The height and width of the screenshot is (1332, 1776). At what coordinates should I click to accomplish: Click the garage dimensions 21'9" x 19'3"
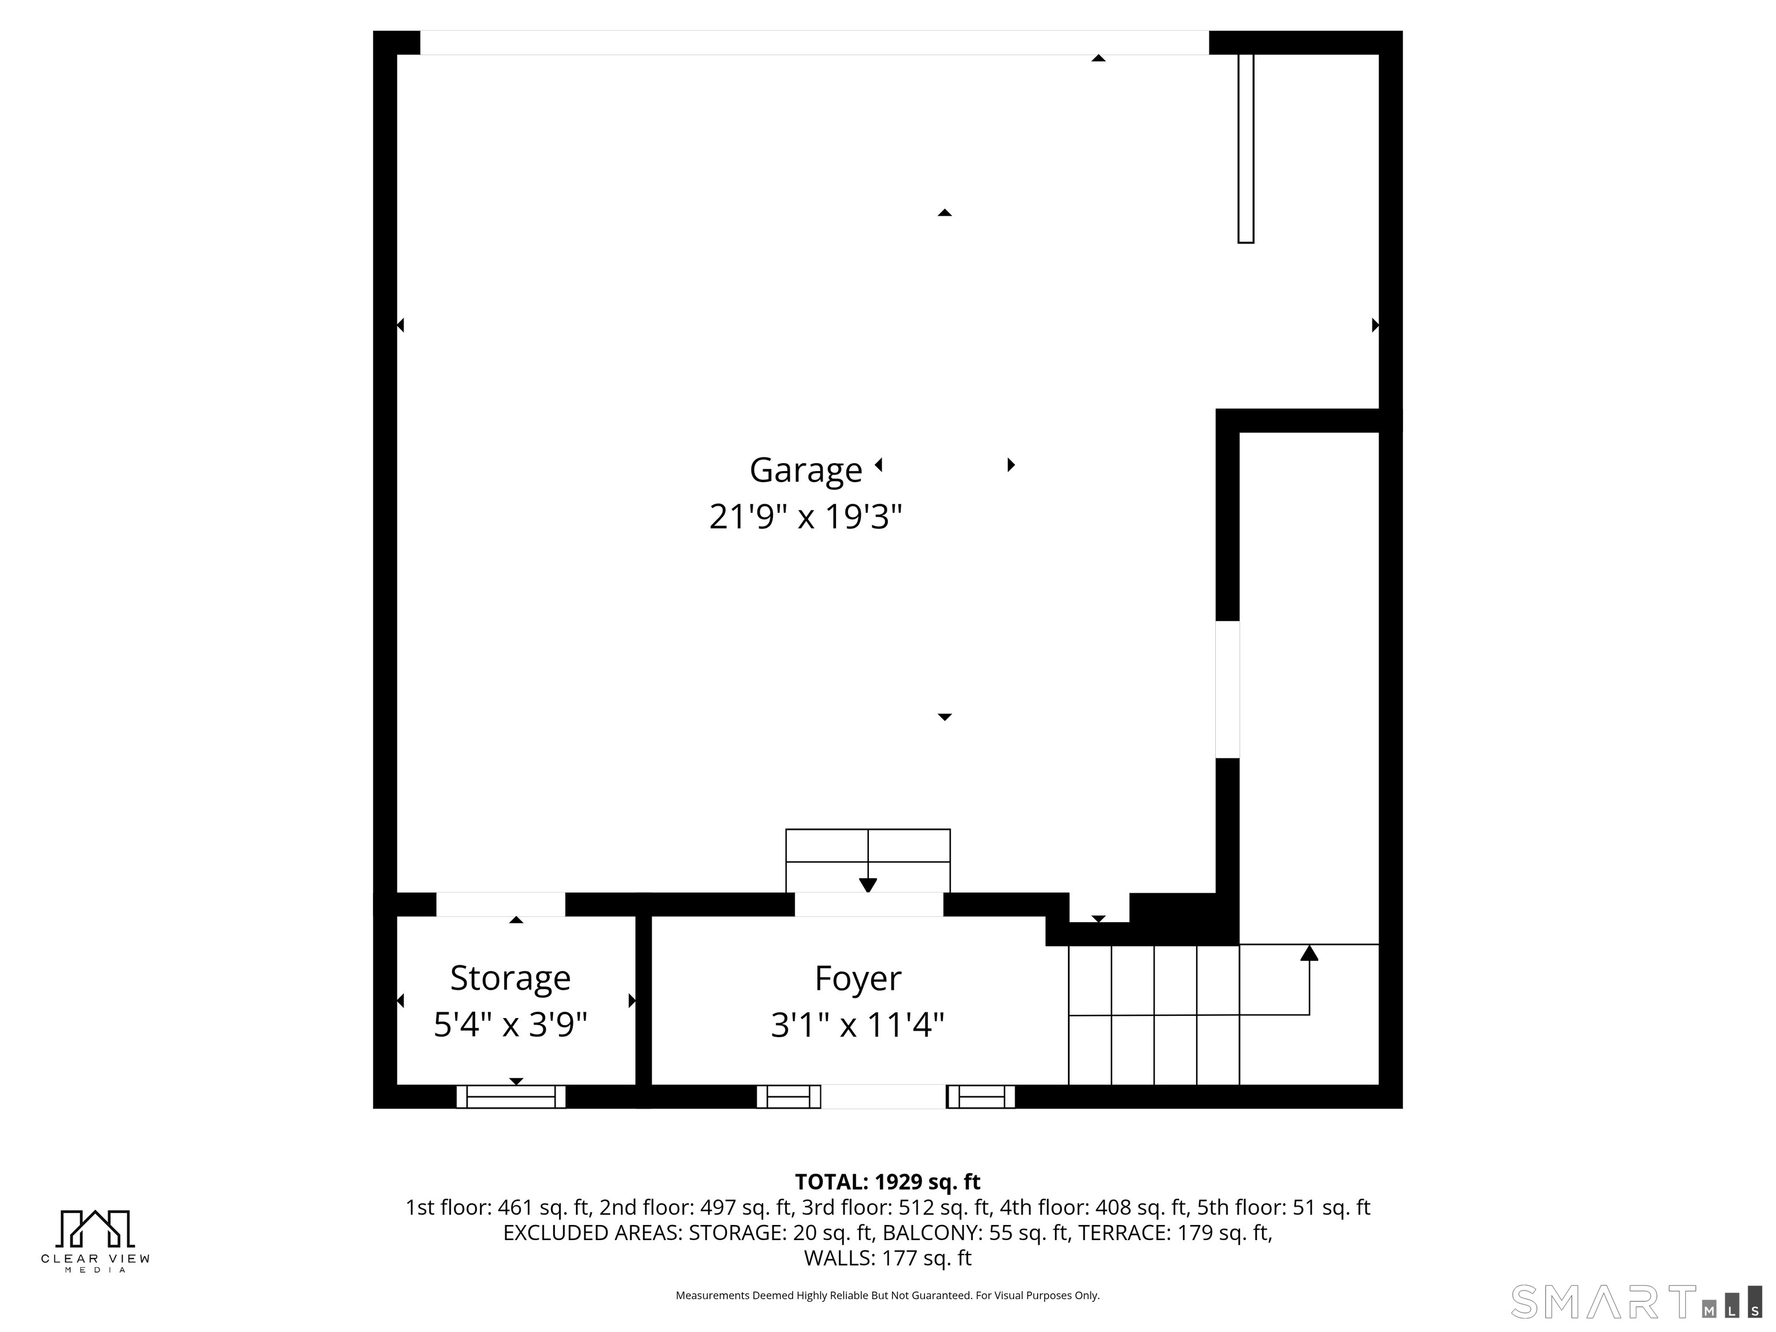[x=805, y=516]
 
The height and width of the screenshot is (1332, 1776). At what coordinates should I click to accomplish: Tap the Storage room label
[x=510, y=978]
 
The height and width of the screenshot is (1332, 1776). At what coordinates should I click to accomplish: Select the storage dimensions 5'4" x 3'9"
[x=510, y=1024]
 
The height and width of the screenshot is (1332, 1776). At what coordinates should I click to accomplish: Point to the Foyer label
[x=857, y=978]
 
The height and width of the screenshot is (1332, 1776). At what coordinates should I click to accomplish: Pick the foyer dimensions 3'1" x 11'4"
[x=857, y=1024]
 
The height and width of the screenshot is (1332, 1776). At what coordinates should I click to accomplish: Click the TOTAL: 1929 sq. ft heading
[x=887, y=1182]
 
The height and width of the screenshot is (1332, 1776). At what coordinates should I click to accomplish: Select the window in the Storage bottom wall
[x=510, y=1097]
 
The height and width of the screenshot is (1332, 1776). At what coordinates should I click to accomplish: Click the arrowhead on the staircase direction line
[x=1309, y=953]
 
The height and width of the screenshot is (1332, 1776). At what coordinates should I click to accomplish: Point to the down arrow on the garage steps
[x=868, y=885]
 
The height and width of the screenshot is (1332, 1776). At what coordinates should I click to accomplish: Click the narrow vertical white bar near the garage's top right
[x=1245, y=149]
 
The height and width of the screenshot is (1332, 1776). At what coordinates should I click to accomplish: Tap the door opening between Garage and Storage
[x=500, y=904]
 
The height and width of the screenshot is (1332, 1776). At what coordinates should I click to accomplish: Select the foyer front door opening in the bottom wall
[x=883, y=1097]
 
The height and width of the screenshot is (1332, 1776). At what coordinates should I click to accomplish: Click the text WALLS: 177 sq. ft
[x=887, y=1258]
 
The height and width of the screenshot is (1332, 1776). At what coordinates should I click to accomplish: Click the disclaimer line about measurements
[x=887, y=1295]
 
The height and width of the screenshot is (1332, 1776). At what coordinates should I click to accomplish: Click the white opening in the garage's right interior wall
[x=1227, y=689]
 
